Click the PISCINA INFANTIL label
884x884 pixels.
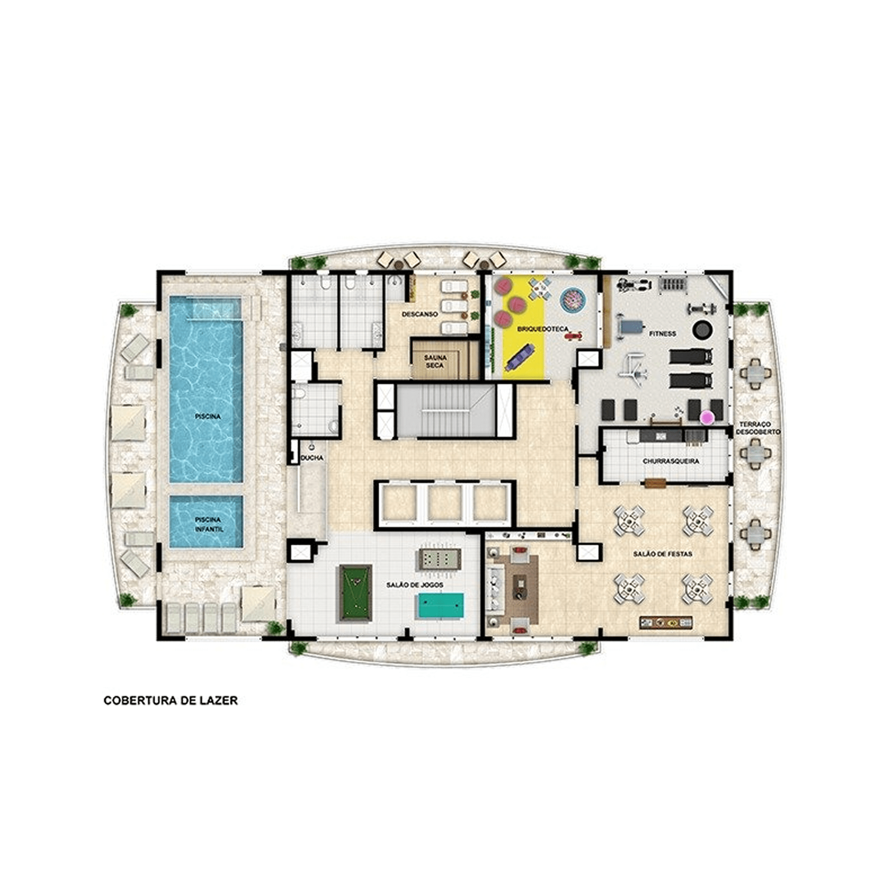(x=207, y=524)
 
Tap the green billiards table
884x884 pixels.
(x=354, y=593)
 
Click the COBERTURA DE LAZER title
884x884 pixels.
(x=171, y=713)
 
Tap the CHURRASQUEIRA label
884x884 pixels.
(x=671, y=461)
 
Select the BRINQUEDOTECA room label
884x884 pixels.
(x=543, y=329)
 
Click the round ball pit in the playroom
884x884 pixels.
(x=573, y=300)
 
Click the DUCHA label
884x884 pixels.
(x=312, y=457)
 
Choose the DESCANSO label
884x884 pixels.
(x=419, y=314)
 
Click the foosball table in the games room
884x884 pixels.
(x=438, y=559)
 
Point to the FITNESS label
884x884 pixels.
(x=663, y=334)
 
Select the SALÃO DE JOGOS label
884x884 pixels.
(x=415, y=585)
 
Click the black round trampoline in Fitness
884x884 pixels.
(x=702, y=329)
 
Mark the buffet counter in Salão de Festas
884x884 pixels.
(x=666, y=622)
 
